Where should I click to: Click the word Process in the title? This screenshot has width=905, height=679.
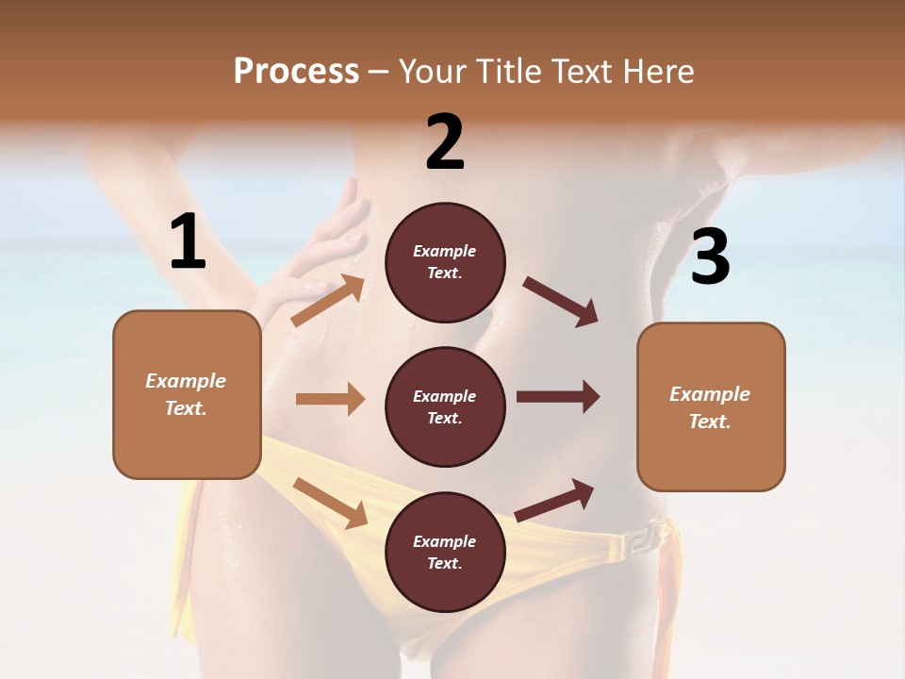(296, 71)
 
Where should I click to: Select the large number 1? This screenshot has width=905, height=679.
(188, 242)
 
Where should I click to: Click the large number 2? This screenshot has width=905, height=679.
(445, 142)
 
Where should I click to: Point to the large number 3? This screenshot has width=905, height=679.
(710, 257)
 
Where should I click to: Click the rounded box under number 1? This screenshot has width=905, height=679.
(187, 394)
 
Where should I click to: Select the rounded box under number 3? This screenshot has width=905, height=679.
(711, 407)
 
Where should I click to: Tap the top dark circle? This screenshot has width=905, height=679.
(445, 262)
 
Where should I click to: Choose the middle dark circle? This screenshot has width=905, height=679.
(445, 407)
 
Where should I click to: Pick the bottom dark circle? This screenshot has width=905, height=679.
(445, 553)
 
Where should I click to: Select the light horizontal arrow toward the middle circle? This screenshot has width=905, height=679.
(330, 399)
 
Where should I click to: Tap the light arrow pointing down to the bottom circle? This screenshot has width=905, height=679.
(330, 502)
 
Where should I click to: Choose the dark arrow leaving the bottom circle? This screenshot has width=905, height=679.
(554, 500)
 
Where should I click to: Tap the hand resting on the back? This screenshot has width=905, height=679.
(321, 250)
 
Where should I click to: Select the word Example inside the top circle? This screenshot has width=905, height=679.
(445, 251)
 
